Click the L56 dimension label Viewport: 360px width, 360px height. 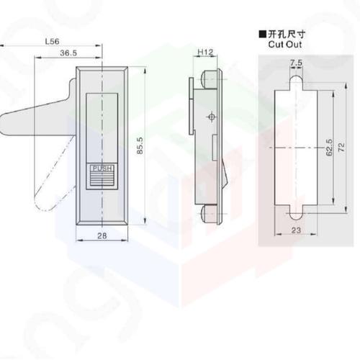(52, 42)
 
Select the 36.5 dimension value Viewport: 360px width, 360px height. (69, 53)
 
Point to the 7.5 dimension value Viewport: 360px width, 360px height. (297, 63)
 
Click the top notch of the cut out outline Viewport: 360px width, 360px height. (296, 81)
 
